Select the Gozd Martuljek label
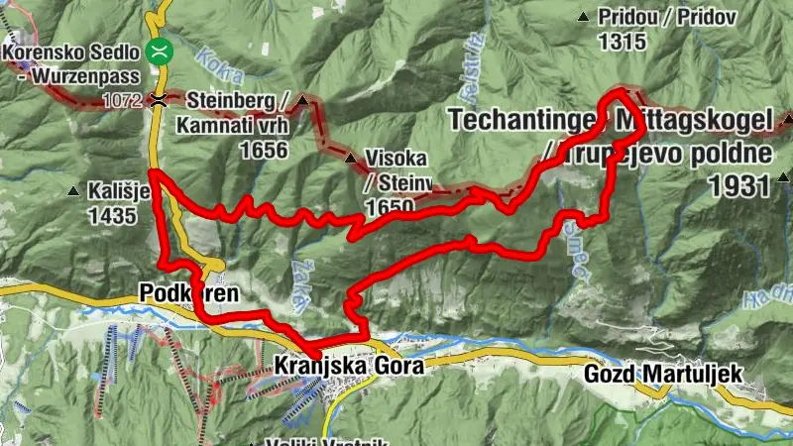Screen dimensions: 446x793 pyautogui.click(x=663, y=374)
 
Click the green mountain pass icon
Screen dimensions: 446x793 pyautogui.click(x=158, y=50)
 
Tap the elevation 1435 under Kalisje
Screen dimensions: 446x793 pyautogui.click(x=111, y=215)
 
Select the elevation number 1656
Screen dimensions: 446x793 pyautogui.click(x=261, y=150)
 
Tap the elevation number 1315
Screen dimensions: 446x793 pyautogui.click(x=622, y=42)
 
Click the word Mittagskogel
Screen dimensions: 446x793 pyautogui.click(x=693, y=120)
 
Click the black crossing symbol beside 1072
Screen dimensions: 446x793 pyautogui.click(x=158, y=100)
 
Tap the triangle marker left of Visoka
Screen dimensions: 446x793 pyautogui.click(x=349, y=158)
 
